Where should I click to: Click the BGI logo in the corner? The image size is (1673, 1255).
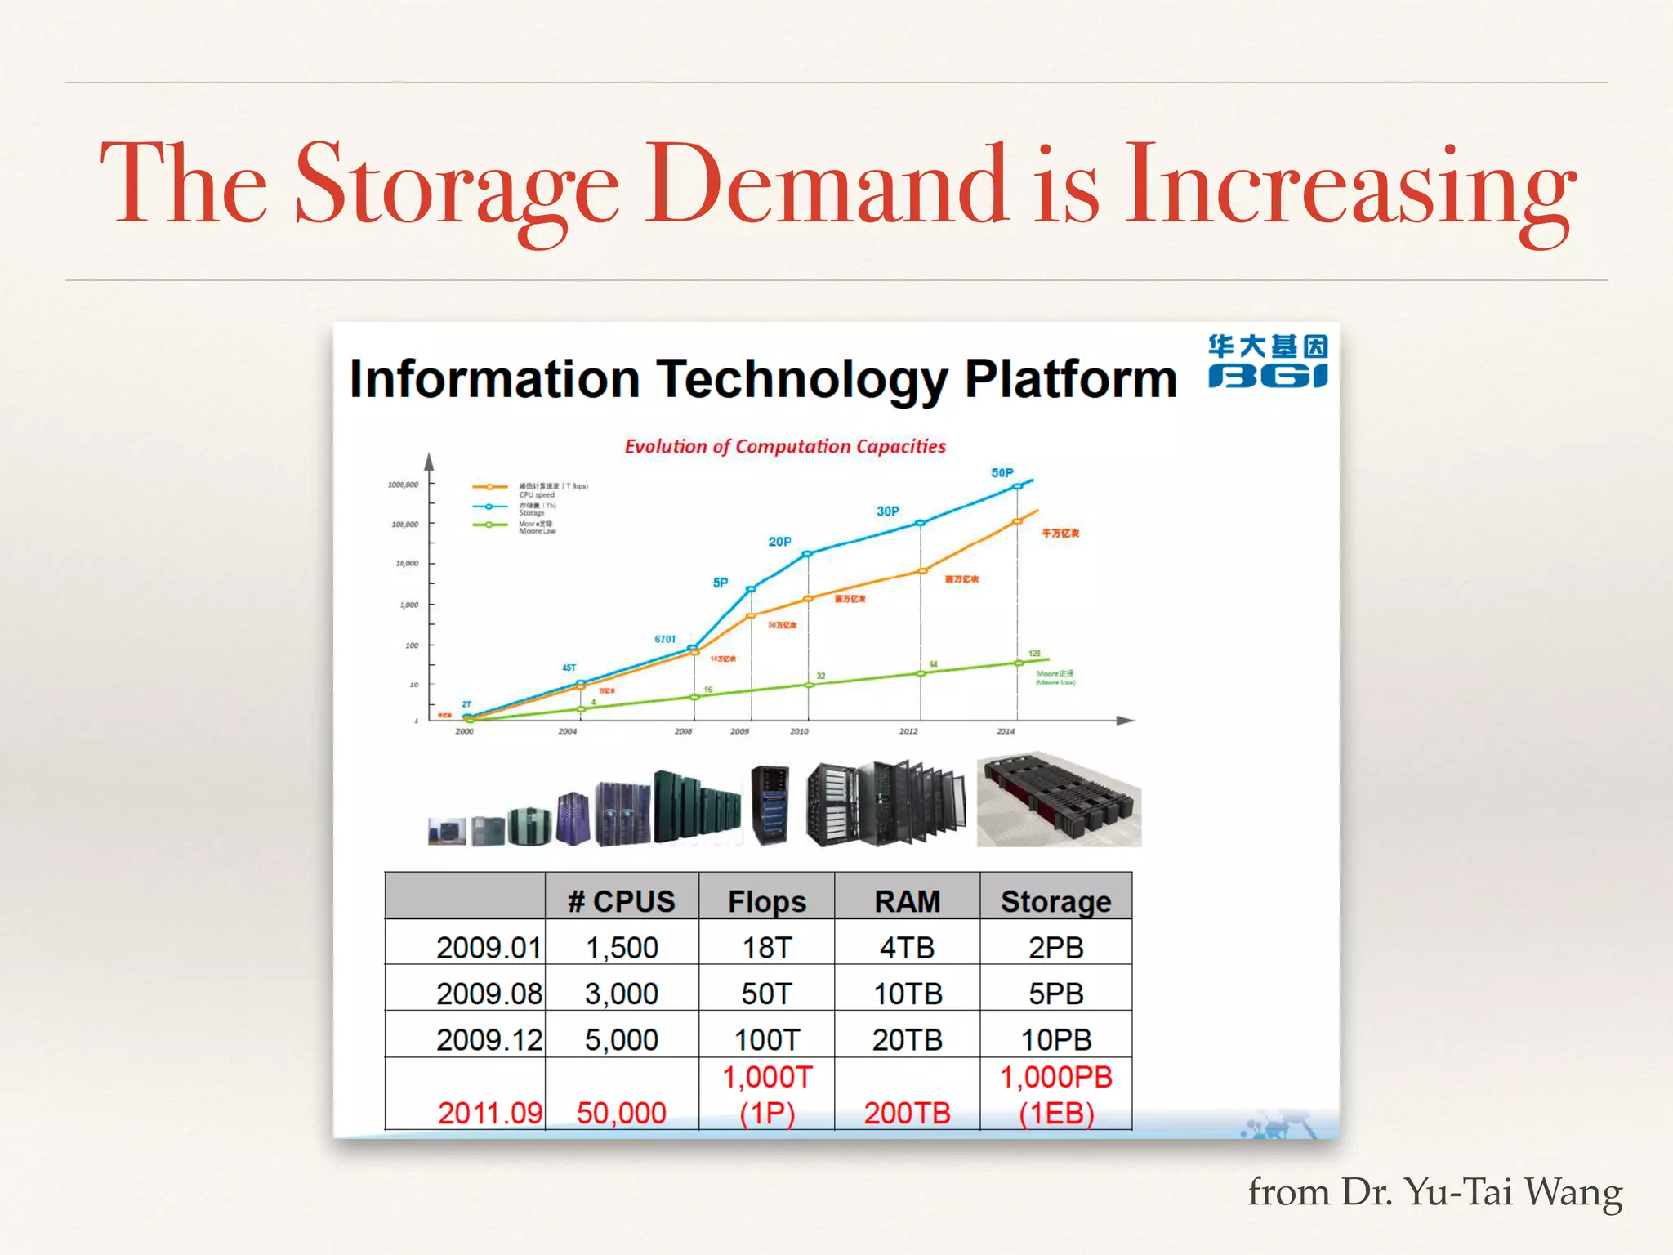1268,361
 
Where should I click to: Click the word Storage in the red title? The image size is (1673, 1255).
457,185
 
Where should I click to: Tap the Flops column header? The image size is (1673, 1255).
766,901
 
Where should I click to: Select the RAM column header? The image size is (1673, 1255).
907,901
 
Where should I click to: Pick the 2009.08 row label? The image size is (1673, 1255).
489,994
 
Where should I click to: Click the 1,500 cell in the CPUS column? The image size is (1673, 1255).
622,948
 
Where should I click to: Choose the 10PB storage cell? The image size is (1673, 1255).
1055,1039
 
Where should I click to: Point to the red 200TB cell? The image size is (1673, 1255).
907,1113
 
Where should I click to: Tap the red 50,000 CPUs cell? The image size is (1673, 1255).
621,1113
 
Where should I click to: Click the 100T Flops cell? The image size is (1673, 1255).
766,1039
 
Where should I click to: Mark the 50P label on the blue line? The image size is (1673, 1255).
1002,473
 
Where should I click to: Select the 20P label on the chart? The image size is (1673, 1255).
779,542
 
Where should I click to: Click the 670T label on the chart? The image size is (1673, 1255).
665,639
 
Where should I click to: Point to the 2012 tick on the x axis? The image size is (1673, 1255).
908,731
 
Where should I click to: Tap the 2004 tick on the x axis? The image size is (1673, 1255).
567,731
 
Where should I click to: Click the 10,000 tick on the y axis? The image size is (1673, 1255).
407,564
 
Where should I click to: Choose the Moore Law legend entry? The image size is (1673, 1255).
537,528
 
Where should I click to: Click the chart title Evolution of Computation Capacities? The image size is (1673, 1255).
785,447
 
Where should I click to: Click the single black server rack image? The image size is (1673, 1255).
770,804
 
